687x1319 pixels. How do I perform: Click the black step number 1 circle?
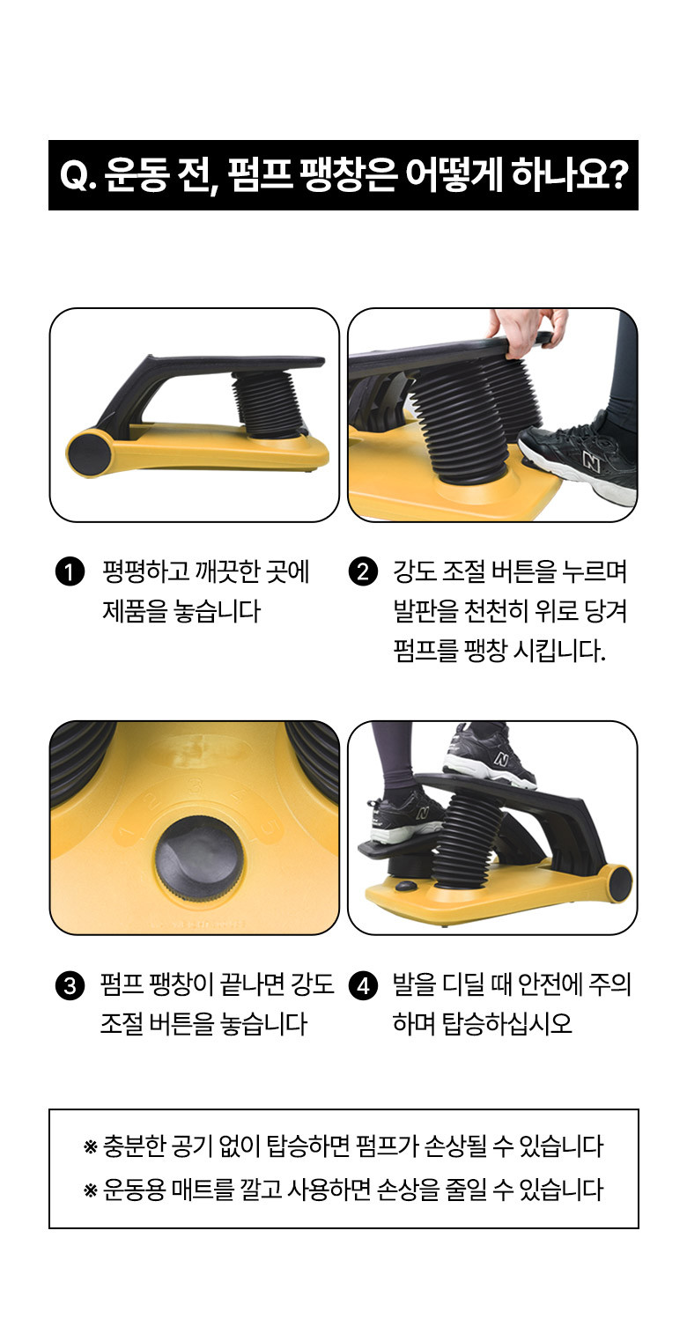(70, 572)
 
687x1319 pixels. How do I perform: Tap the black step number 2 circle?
(363, 572)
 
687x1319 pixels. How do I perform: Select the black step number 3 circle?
(70, 985)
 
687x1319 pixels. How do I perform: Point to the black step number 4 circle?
(363, 985)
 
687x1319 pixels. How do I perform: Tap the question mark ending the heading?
(617, 174)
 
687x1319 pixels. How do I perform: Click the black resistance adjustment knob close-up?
(199, 858)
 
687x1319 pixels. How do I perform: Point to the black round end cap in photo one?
(86, 453)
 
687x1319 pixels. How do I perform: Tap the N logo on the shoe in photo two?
(590, 461)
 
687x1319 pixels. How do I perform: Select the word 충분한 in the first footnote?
(134, 1146)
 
